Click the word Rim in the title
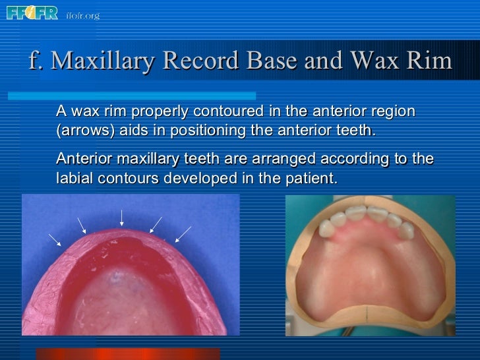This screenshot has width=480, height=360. (x=429, y=61)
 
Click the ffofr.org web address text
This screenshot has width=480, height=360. (x=82, y=15)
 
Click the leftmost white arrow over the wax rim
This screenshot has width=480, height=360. (x=55, y=240)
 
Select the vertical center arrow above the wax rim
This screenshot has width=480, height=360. (x=121, y=218)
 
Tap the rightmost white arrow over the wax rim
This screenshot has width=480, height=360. (x=183, y=234)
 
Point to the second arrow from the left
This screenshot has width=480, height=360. (x=82, y=225)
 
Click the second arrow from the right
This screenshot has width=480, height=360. (x=156, y=225)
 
